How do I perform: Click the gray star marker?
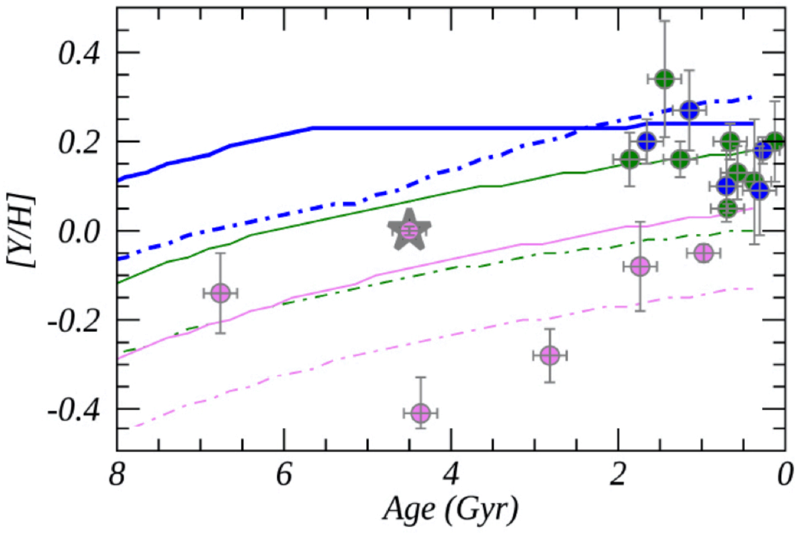pyautogui.click(x=409, y=231)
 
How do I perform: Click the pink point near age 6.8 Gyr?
pyautogui.click(x=220, y=293)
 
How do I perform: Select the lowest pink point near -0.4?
pyautogui.click(x=420, y=413)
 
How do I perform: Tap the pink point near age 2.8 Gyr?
pyautogui.click(x=549, y=355)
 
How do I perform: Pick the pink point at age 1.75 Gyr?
pyautogui.click(x=640, y=267)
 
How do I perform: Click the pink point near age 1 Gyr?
pyautogui.click(x=703, y=253)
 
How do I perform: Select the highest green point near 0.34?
pyautogui.click(x=664, y=80)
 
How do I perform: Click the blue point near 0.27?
pyautogui.click(x=689, y=110)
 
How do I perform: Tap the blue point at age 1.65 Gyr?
pyautogui.click(x=647, y=141)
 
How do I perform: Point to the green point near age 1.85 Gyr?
pyautogui.click(x=630, y=160)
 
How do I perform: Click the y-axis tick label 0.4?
pyautogui.click(x=79, y=54)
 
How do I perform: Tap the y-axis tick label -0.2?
pyautogui.click(x=74, y=321)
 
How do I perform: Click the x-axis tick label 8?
pyautogui.click(x=116, y=475)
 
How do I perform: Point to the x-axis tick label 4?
pyautogui.click(x=451, y=475)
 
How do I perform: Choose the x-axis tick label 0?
pyautogui.click(x=785, y=475)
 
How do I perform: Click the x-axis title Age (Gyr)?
pyautogui.click(x=450, y=509)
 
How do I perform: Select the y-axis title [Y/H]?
pyautogui.click(x=21, y=231)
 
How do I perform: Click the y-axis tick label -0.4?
pyautogui.click(x=74, y=410)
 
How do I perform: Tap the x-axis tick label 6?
pyautogui.click(x=284, y=475)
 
